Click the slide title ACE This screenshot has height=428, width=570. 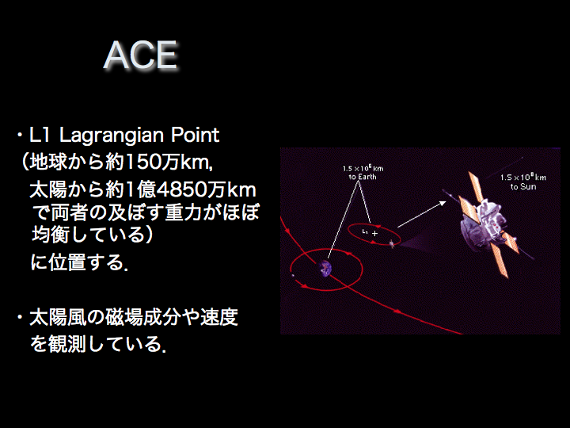click(141, 55)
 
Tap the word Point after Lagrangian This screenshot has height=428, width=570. click(195, 135)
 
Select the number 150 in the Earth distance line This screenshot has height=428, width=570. click(142, 162)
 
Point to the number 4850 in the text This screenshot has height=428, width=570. click(180, 189)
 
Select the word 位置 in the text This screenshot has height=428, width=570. click(67, 262)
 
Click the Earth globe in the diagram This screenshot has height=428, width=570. click(325, 269)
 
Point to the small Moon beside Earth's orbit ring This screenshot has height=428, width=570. click(293, 275)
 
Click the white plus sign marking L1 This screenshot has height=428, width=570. click(374, 234)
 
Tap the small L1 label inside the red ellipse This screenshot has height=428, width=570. click(365, 231)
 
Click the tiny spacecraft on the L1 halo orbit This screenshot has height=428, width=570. click(392, 243)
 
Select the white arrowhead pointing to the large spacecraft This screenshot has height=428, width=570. click(443, 203)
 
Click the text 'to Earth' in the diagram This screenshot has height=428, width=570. click(363, 178)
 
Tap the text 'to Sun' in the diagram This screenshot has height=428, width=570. click(523, 187)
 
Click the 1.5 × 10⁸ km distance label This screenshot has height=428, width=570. click(523, 178)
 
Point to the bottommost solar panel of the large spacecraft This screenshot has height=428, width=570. click(499, 260)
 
